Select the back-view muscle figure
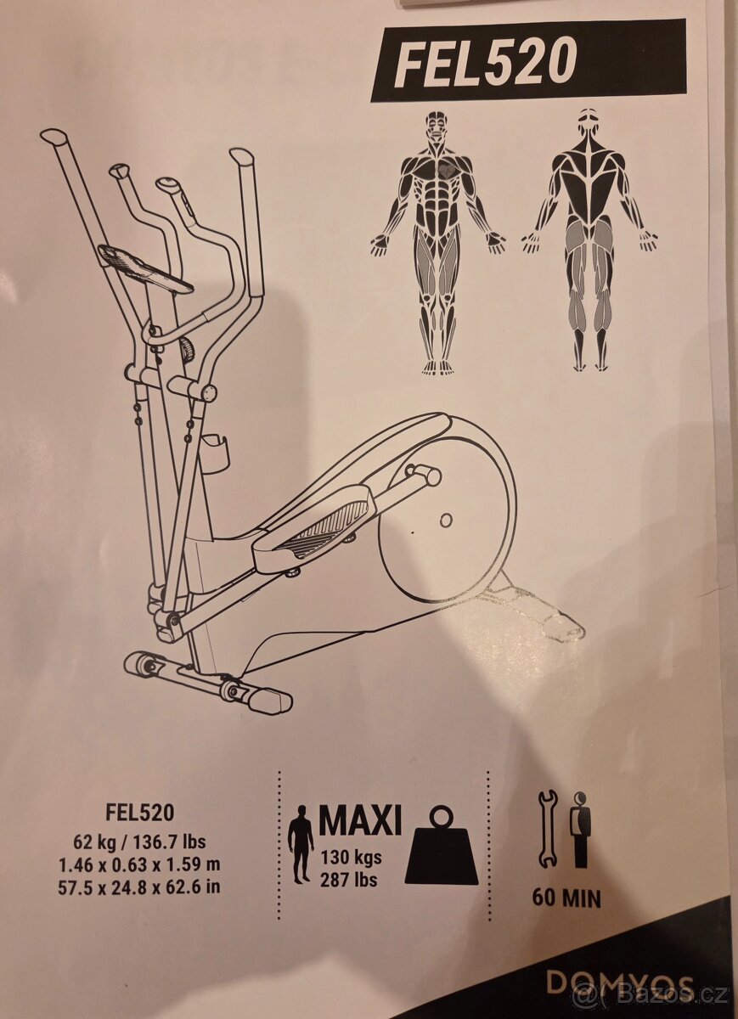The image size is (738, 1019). click(590, 240)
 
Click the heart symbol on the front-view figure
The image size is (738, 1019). click(447, 172)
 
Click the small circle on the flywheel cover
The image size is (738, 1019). click(447, 519)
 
